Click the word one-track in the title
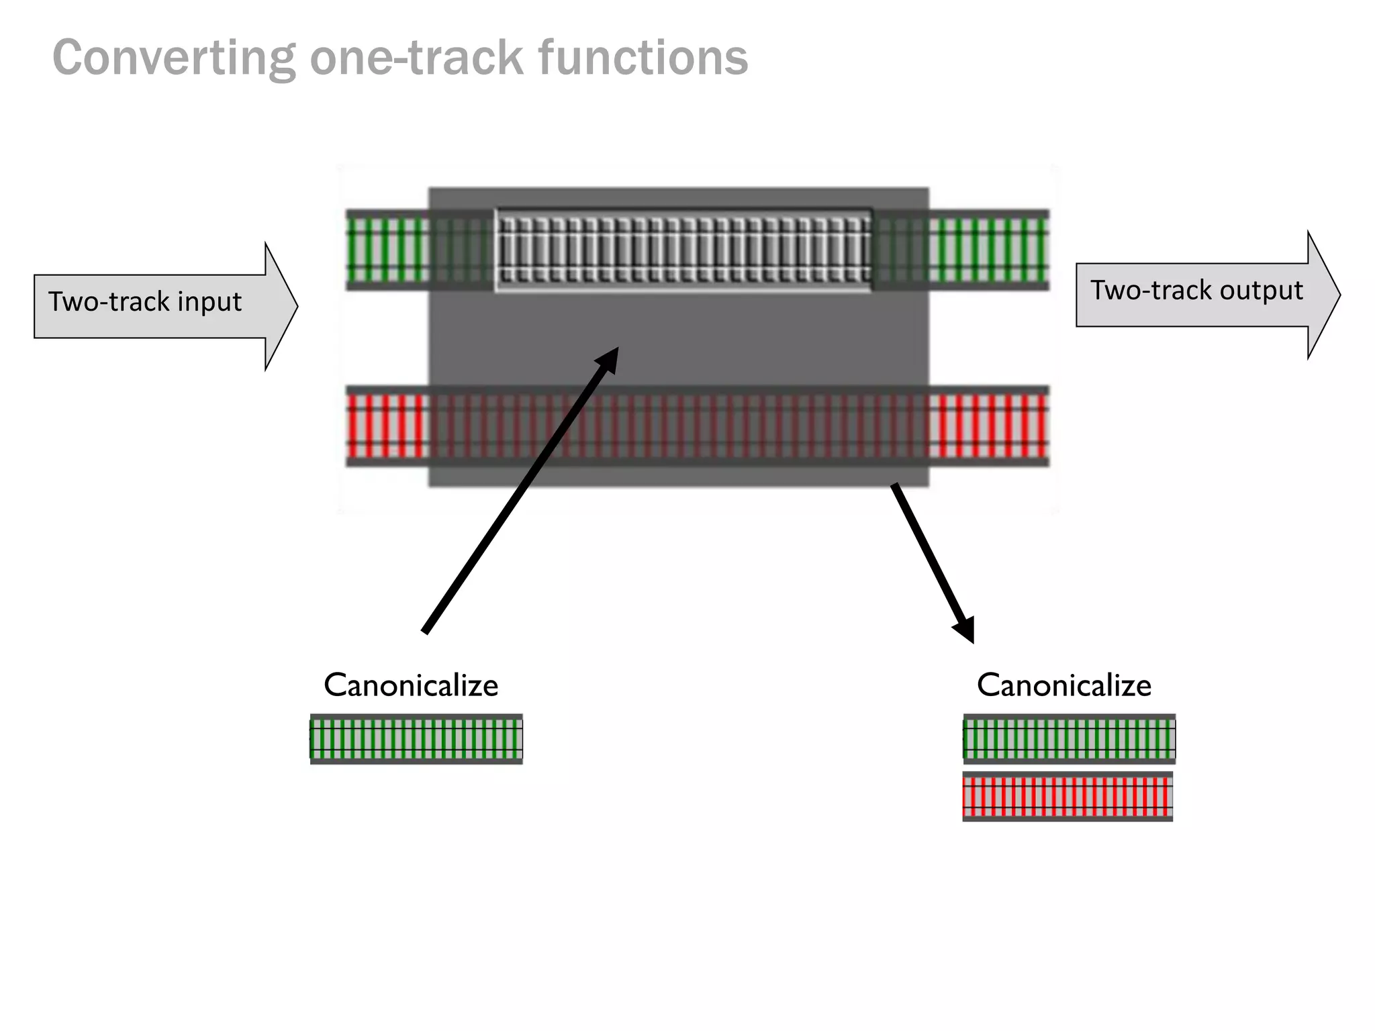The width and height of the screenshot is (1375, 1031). click(x=416, y=58)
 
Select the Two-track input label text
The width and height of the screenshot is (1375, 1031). click(x=144, y=302)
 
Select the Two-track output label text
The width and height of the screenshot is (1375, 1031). click(x=1196, y=291)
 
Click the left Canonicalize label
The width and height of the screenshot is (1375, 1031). click(x=411, y=685)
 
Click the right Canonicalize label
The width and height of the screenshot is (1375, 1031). click(x=1064, y=685)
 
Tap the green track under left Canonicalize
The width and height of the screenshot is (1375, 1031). click(x=416, y=739)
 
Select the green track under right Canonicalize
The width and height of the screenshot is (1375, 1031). click(x=1069, y=739)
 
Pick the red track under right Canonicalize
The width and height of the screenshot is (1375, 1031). click(x=1068, y=797)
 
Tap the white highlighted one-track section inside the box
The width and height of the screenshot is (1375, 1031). click(x=683, y=250)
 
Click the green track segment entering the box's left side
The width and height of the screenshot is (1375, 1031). click(x=387, y=250)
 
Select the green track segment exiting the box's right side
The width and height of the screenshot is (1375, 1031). click(x=988, y=250)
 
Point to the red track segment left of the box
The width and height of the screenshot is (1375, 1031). click(x=387, y=426)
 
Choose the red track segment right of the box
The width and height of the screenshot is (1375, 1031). click(x=988, y=426)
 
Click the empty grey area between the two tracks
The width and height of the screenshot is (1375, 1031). click(x=739, y=339)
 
